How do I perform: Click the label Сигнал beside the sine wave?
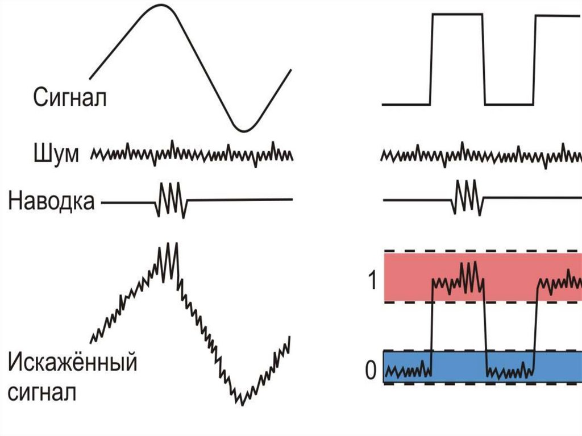(x=69, y=97)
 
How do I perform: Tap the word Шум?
(x=56, y=153)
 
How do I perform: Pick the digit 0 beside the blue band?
(x=371, y=371)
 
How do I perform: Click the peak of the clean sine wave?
(x=160, y=6)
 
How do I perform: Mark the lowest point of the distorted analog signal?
(x=241, y=400)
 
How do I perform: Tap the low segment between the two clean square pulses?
(x=509, y=104)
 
